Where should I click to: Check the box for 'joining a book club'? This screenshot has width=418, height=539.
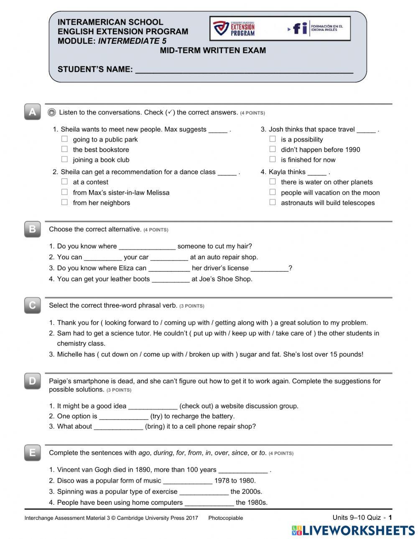[64, 159]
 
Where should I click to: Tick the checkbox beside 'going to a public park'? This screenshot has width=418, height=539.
[64, 139]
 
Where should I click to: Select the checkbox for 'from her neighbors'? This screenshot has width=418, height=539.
[64, 202]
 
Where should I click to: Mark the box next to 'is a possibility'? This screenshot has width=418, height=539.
[273, 139]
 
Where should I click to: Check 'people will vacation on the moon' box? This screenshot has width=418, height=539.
[273, 192]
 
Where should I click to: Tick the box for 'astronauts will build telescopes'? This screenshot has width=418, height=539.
[273, 202]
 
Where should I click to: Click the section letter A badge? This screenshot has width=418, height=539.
[33, 112]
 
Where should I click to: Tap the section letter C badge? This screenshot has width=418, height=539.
[33, 305]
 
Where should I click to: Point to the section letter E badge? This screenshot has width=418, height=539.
[33, 453]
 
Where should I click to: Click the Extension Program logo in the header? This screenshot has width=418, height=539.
[234, 28]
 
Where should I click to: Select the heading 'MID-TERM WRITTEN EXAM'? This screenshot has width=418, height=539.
[213, 51]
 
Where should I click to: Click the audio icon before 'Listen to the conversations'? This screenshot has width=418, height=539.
[52, 112]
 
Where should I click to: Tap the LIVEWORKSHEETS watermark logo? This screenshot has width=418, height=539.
[353, 530]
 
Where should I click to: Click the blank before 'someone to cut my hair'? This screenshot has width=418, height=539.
[147, 246]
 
